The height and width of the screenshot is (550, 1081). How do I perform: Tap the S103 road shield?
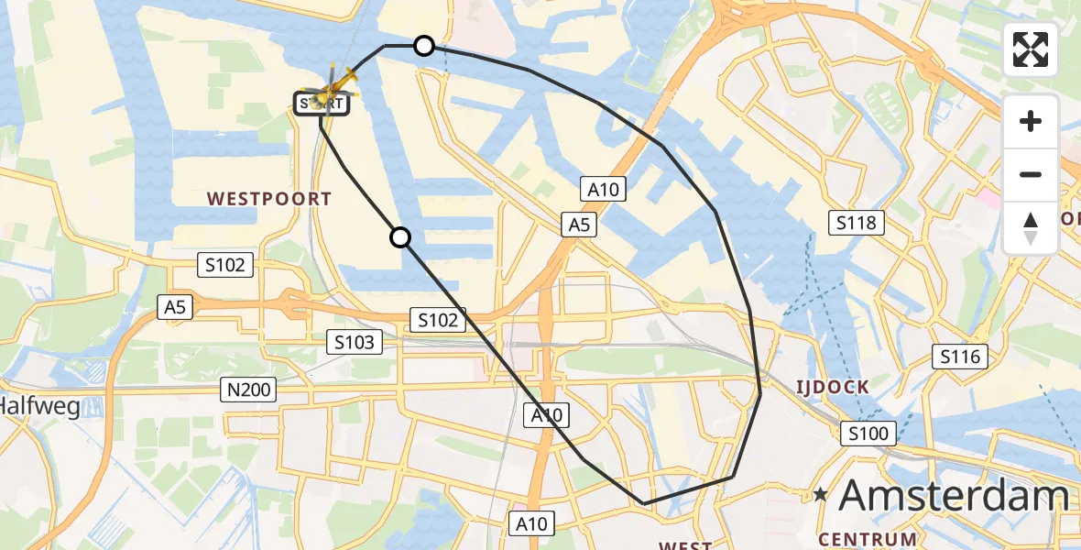click(355, 343)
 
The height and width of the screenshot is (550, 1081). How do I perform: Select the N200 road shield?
click(249, 390)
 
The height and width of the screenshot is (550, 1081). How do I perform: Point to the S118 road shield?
click(857, 222)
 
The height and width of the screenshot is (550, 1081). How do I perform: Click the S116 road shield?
click(960, 357)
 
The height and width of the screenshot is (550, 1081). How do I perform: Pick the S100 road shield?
click(868, 433)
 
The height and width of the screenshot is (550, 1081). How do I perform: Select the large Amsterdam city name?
click(953, 496)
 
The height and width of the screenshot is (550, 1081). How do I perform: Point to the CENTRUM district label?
click(868, 539)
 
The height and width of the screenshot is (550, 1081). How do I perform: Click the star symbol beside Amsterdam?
click(821, 496)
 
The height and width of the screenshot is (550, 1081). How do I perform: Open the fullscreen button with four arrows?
click(1031, 49)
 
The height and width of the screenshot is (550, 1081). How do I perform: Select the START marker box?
click(321, 104)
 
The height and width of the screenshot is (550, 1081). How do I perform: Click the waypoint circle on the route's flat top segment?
click(424, 45)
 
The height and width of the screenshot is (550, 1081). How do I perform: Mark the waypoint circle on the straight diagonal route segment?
click(400, 238)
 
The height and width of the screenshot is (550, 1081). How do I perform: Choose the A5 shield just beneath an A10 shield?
click(580, 224)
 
